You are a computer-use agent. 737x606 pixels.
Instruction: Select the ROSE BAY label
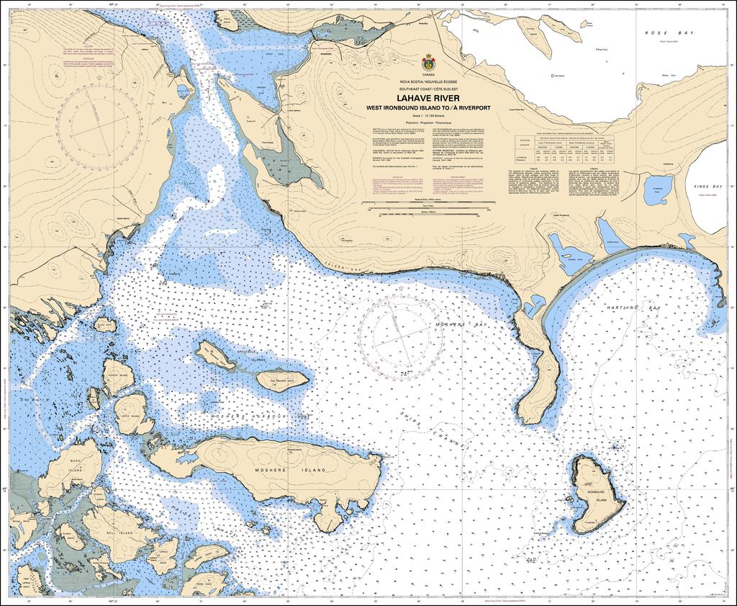tap(661, 33)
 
